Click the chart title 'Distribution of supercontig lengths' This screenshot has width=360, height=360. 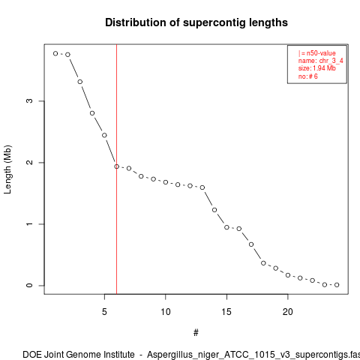(196, 22)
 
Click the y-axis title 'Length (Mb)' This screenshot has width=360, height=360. (7, 169)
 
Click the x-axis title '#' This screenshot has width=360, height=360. (196, 333)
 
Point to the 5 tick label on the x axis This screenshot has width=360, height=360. (104, 312)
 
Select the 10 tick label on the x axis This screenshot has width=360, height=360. (166, 312)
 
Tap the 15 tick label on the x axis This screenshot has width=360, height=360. (226, 312)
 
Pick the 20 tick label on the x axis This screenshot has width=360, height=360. (288, 312)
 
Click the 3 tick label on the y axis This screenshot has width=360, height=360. (29, 100)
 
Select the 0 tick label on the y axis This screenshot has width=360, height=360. (29, 286)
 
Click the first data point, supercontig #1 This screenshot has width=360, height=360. (55, 53)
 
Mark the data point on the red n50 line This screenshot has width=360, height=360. (117, 166)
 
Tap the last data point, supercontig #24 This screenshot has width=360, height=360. (337, 285)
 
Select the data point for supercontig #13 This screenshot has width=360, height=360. (202, 187)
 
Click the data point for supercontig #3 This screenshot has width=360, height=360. (80, 82)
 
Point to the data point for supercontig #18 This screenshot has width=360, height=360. (263, 263)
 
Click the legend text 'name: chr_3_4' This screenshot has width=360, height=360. (320, 61)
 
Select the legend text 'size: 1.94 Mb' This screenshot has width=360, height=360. (316, 68)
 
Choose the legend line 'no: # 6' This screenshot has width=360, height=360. (307, 76)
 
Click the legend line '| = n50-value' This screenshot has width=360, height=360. (316, 53)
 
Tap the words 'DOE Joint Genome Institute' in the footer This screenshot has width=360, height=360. (79, 355)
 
